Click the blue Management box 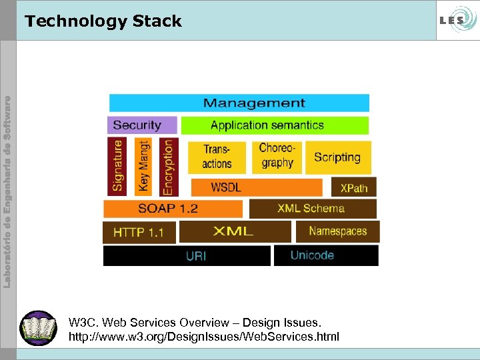239,103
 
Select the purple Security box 142,125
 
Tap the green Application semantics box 274,125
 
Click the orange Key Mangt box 143,165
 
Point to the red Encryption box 167,165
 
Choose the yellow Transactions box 217,157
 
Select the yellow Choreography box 277,156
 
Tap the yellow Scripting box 337,157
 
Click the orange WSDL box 256,187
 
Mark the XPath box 353,187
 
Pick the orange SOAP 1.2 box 173,209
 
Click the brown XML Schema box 312,209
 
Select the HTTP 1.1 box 139,233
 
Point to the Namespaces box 337,231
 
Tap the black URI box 187,255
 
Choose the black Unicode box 325,255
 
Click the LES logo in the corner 455,20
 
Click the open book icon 39,328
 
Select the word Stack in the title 157,21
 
